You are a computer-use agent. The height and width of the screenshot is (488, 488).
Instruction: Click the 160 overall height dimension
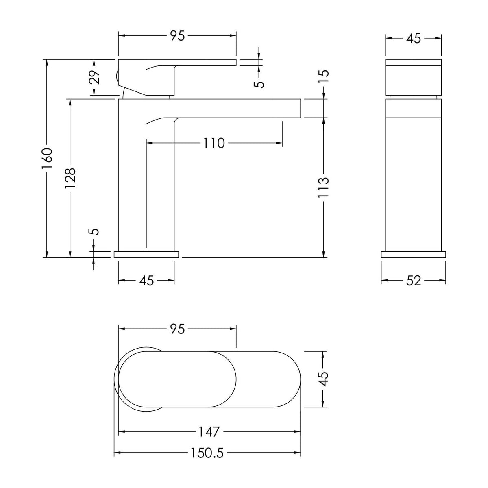[47, 159]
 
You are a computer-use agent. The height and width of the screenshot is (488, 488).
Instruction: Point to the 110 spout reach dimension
[214, 143]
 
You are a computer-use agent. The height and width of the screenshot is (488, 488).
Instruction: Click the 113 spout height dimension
[323, 187]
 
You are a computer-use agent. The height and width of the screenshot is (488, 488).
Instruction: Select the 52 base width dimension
[413, 281]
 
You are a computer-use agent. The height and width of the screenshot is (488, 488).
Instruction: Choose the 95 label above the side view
[178, 36]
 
